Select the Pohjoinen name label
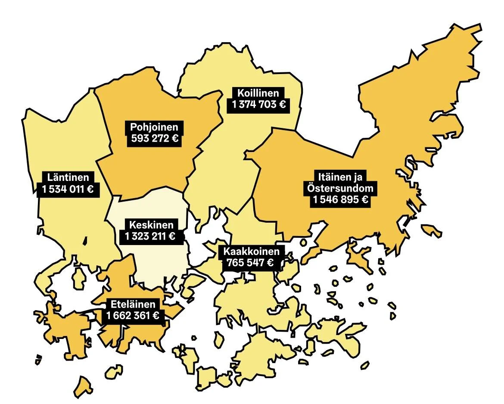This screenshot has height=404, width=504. click(154, 127)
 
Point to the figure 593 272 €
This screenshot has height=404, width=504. click(154, 139)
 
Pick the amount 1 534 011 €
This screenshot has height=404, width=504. click(68, 189)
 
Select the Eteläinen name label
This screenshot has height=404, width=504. click(133, 304)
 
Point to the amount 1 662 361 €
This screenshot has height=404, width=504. click(133, 316)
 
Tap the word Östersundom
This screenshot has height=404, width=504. click(340, 188)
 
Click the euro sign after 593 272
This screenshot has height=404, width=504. click(174, 139)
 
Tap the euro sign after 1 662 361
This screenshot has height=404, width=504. click(156, 316)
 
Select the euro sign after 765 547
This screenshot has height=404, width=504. click(270, 263)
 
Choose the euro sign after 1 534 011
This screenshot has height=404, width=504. click(90, 189)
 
